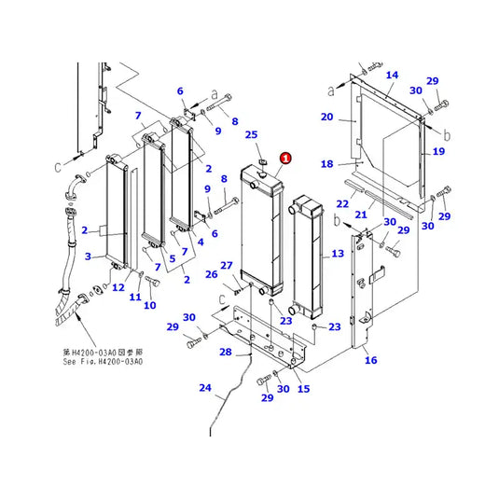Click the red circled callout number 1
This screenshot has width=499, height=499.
(x=284, y=159)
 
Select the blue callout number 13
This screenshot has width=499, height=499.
(x=338, y=254)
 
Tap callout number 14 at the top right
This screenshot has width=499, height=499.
(x=392, y=75)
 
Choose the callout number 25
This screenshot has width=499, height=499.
(x=251, y=136)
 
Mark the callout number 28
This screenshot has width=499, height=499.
(x=225, y=352)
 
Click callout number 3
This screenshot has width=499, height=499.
(x=88, y=256)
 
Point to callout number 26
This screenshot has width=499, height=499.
(x=211, y=274)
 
